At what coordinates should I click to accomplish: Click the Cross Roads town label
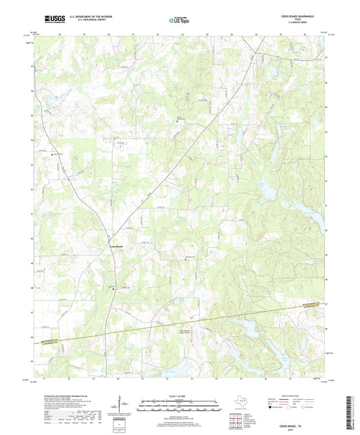coord(116,247)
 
